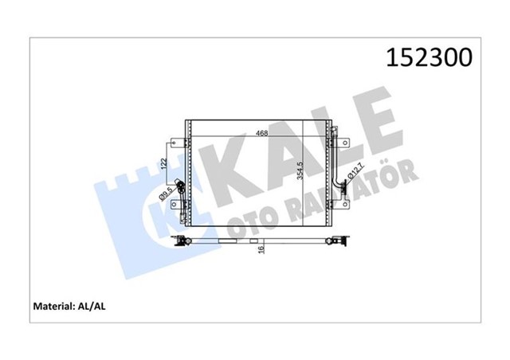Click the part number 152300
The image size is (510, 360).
pos(429,58)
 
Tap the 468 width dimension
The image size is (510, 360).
pos(261,133)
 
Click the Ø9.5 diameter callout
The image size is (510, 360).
pos(165,194)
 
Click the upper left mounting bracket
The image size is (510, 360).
pos(176,143)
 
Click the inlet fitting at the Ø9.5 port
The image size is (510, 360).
pos(182,189)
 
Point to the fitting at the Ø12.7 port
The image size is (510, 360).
pos(342,186)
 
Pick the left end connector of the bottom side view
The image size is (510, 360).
pos(185,240)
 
